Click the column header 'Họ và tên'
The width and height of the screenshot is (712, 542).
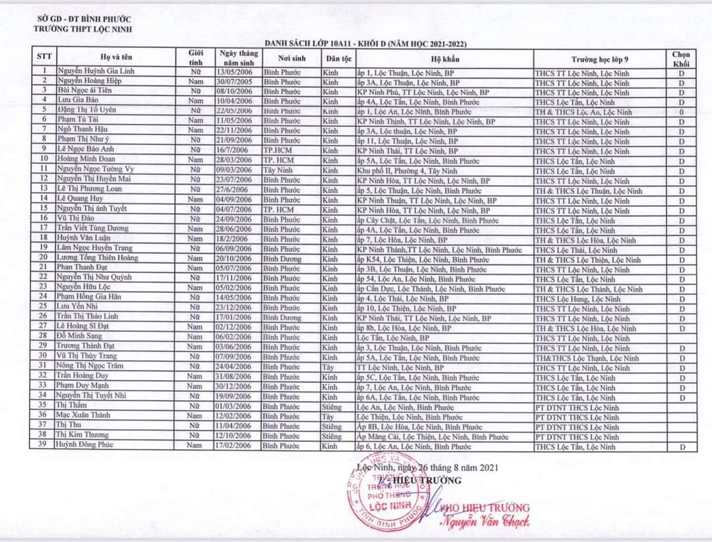point(115,57)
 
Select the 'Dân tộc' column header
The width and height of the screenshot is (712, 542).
point(338,57)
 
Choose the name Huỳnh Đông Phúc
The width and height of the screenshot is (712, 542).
point(84,446)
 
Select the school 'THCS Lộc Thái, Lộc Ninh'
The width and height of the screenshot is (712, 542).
point(576,250)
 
